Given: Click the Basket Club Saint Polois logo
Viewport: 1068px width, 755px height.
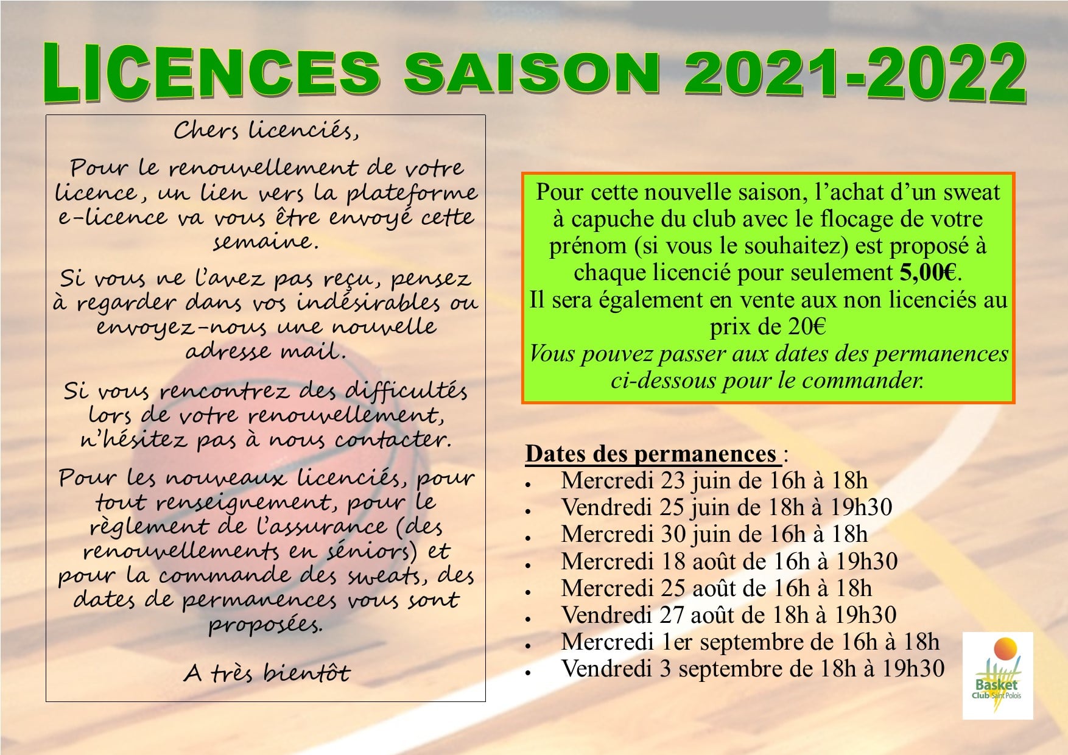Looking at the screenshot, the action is point(997,675).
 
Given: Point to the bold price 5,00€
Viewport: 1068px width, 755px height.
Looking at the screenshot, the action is point(928,273).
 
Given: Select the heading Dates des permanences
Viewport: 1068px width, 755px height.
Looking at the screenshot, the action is point(651,454).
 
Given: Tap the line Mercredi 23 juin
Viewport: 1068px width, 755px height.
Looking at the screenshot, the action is point(714,481).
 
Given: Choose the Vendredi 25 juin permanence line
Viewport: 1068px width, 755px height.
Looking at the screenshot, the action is point(727,508).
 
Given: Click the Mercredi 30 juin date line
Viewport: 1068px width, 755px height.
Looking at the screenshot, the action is point(714,535).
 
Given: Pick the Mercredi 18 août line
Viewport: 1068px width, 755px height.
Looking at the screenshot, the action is point(729,561).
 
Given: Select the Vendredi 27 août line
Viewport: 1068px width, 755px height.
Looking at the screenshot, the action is point(728,615).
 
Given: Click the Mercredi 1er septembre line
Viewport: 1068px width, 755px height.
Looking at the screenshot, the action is point(750,642).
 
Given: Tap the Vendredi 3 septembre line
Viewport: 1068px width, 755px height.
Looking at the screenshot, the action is point(753,669).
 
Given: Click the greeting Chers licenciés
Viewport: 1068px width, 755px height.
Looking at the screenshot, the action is point(265,130).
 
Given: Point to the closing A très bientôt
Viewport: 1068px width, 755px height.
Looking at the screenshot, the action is point(267,672).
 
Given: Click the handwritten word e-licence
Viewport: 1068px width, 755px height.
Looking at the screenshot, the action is point(113,217).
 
